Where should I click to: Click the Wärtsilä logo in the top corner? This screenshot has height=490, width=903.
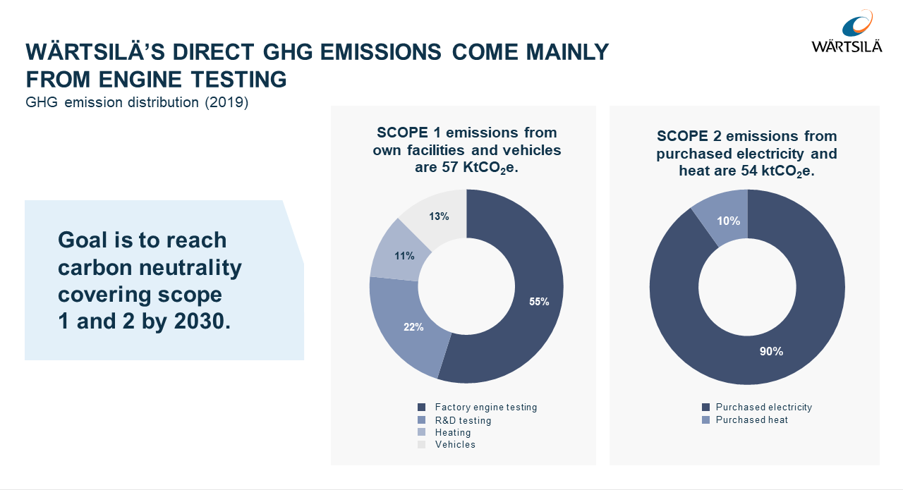[847, 32]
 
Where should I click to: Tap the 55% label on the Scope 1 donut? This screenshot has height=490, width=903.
[539, 301]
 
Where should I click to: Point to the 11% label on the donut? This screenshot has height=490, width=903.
[404, 256]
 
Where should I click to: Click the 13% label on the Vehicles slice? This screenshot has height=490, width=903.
[439, 216]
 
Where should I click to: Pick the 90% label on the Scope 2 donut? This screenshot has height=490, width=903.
[771, 351]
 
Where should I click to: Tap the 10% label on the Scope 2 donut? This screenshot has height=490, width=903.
[729, 221]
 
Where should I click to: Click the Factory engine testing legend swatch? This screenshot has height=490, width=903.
[422, 408]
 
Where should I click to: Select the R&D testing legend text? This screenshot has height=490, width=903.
[463, 420]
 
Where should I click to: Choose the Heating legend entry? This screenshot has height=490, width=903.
[452, 432]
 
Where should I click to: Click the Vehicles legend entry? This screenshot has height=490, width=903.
[455, 445]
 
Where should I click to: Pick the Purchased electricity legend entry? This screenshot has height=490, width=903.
[763, 408]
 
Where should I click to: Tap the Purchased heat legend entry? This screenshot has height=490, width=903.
[751, 420]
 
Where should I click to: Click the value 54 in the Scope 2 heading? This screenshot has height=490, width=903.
[751, 171]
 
